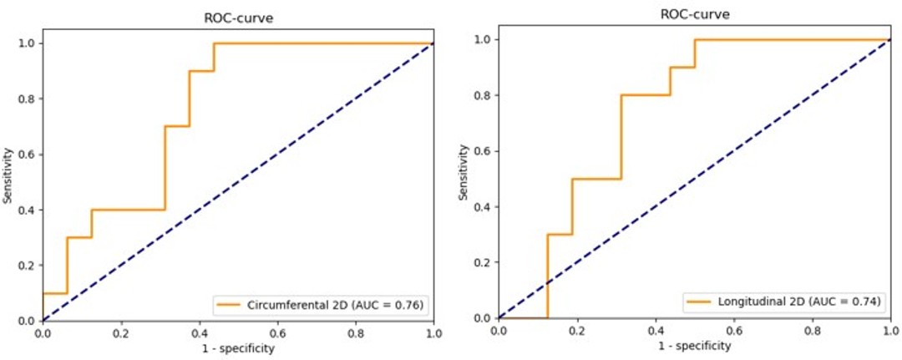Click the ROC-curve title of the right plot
[693, 14]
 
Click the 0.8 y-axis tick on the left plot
[28, 99]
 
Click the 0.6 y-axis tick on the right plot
[483, 151]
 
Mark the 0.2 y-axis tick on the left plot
[28, 266]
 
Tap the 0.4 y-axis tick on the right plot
[483, 207]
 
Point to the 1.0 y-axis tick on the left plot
[28, 43]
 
